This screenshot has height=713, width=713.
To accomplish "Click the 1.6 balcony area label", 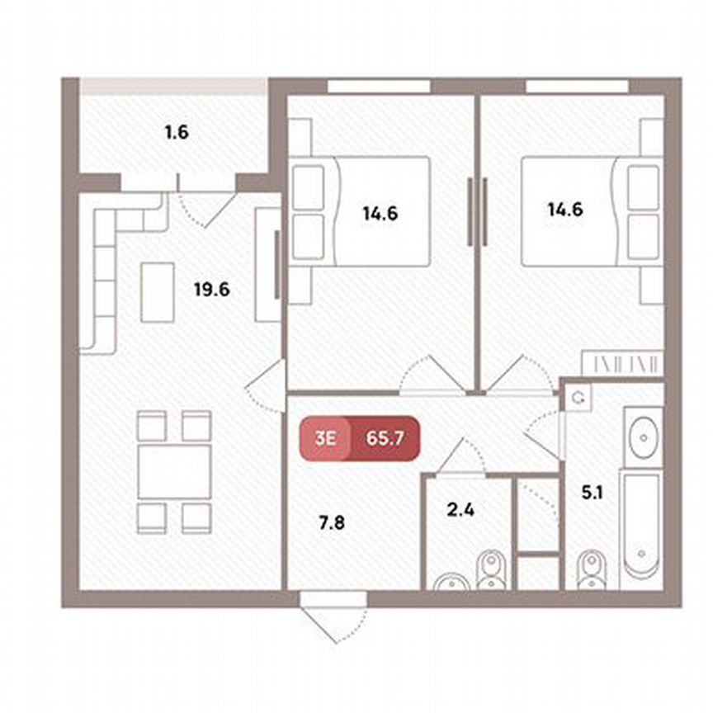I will [x=177, y=131].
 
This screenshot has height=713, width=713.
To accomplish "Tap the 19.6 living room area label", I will [x=213, y=290].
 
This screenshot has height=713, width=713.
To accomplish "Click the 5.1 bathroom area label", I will [x=593, y=495].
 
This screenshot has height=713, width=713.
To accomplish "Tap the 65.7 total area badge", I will [x=384, y=437].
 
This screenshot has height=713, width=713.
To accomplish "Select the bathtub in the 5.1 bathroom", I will [x=640, y=526].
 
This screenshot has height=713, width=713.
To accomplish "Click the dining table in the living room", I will [x=174, y=471].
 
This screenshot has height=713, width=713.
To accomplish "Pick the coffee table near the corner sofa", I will [x=158, y=291].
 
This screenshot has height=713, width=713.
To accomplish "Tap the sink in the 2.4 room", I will [x=450, y=581].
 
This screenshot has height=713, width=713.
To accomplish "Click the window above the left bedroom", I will [x=379, y=86].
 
